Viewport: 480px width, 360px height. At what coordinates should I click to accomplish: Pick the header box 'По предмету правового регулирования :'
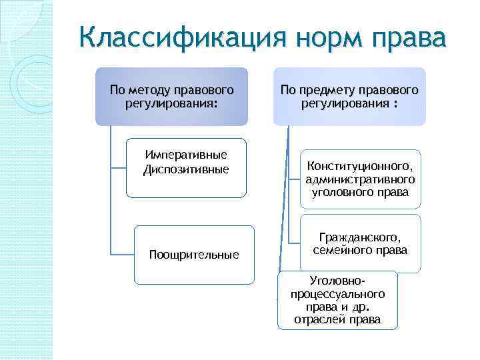click(x=349, y=96)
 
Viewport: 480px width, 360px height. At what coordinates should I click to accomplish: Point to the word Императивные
click(x=186, y=155)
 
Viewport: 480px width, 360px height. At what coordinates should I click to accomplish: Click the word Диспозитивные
click(x=186, y=169)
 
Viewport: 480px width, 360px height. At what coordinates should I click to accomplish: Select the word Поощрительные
click(x=194, y=255)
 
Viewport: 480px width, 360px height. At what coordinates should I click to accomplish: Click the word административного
click(x=361, y=179)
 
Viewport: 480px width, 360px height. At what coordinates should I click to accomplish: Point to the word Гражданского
click(x=361, y=237)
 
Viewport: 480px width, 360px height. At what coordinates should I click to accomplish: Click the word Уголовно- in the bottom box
click(x=337, y=281)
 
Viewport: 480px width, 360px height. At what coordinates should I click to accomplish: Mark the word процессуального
click(x=337, y=294)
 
